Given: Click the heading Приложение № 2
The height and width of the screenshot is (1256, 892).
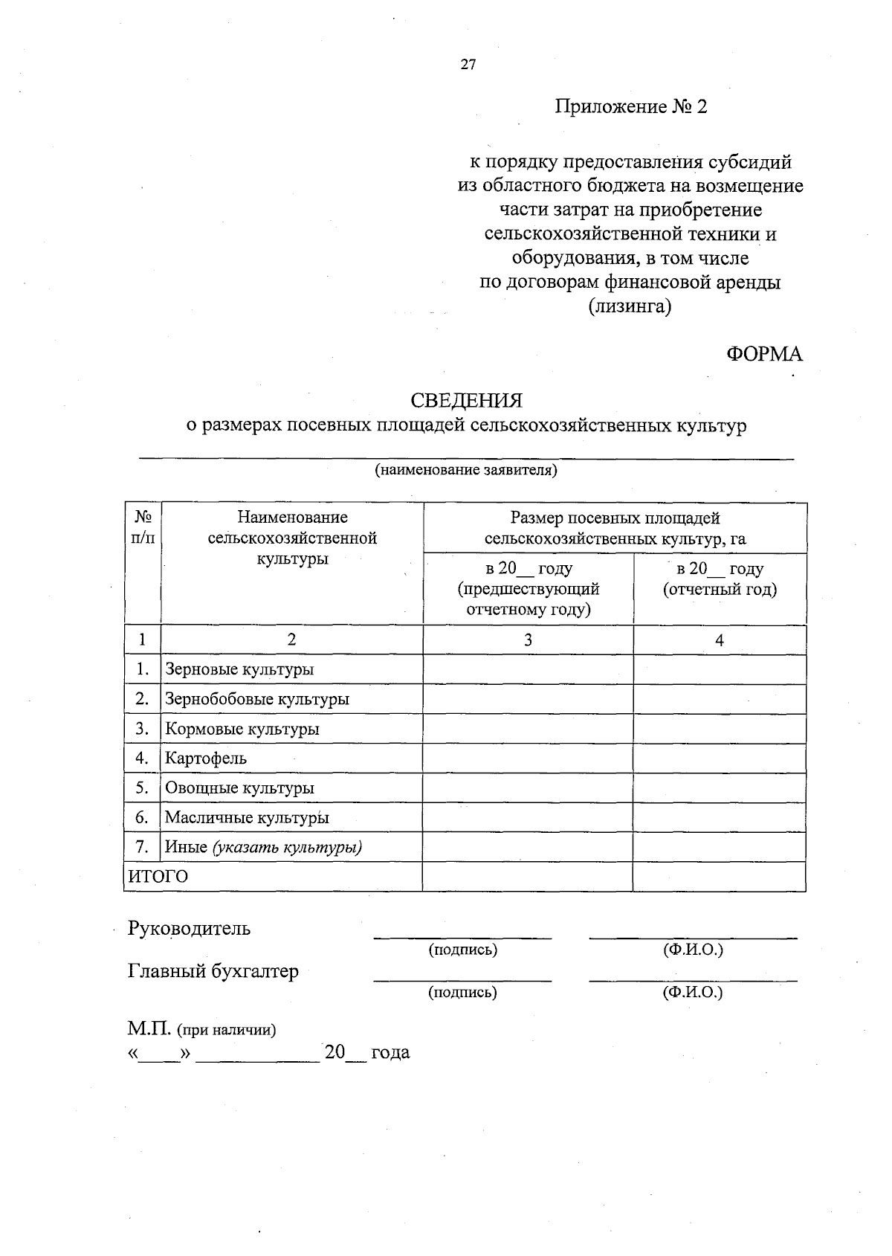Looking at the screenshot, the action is [x=630, y=107].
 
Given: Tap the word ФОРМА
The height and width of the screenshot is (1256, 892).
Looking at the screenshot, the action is [x=764, y=354].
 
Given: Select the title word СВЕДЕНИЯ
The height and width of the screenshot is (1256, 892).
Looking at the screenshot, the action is [x=467, y=401].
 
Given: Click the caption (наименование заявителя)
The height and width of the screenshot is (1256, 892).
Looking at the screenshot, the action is [x=466, y=470].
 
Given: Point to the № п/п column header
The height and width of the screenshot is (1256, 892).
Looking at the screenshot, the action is [x=143, y=527].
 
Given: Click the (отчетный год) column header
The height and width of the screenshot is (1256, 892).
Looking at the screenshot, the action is [x=720, y=590].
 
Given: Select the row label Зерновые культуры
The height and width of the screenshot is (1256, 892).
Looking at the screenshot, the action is [x=239, y=669].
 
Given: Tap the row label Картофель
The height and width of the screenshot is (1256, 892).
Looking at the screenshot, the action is [x=206, y=759].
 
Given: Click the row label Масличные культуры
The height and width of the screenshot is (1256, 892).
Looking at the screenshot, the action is [x=247, y=818].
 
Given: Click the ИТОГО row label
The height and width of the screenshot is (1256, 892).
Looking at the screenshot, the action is [x=158, y=877].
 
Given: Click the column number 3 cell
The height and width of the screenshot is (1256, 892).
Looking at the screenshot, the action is [x=528, y=640].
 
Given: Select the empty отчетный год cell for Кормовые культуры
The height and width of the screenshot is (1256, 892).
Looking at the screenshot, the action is [x=719, y=729].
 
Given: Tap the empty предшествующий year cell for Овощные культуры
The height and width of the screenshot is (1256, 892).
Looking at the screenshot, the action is [x=528, y=788].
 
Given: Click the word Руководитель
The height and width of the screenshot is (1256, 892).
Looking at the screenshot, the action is [x=189, y=929].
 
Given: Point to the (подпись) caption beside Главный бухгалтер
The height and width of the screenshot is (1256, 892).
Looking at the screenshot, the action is [x=462, y=993].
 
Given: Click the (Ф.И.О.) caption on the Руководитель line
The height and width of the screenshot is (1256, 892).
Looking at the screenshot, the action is [x=693, y=950].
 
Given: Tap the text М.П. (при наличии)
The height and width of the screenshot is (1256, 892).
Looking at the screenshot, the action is [x=201, y=1030].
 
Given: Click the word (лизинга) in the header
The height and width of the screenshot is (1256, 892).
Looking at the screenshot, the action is [x=630, y=306].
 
